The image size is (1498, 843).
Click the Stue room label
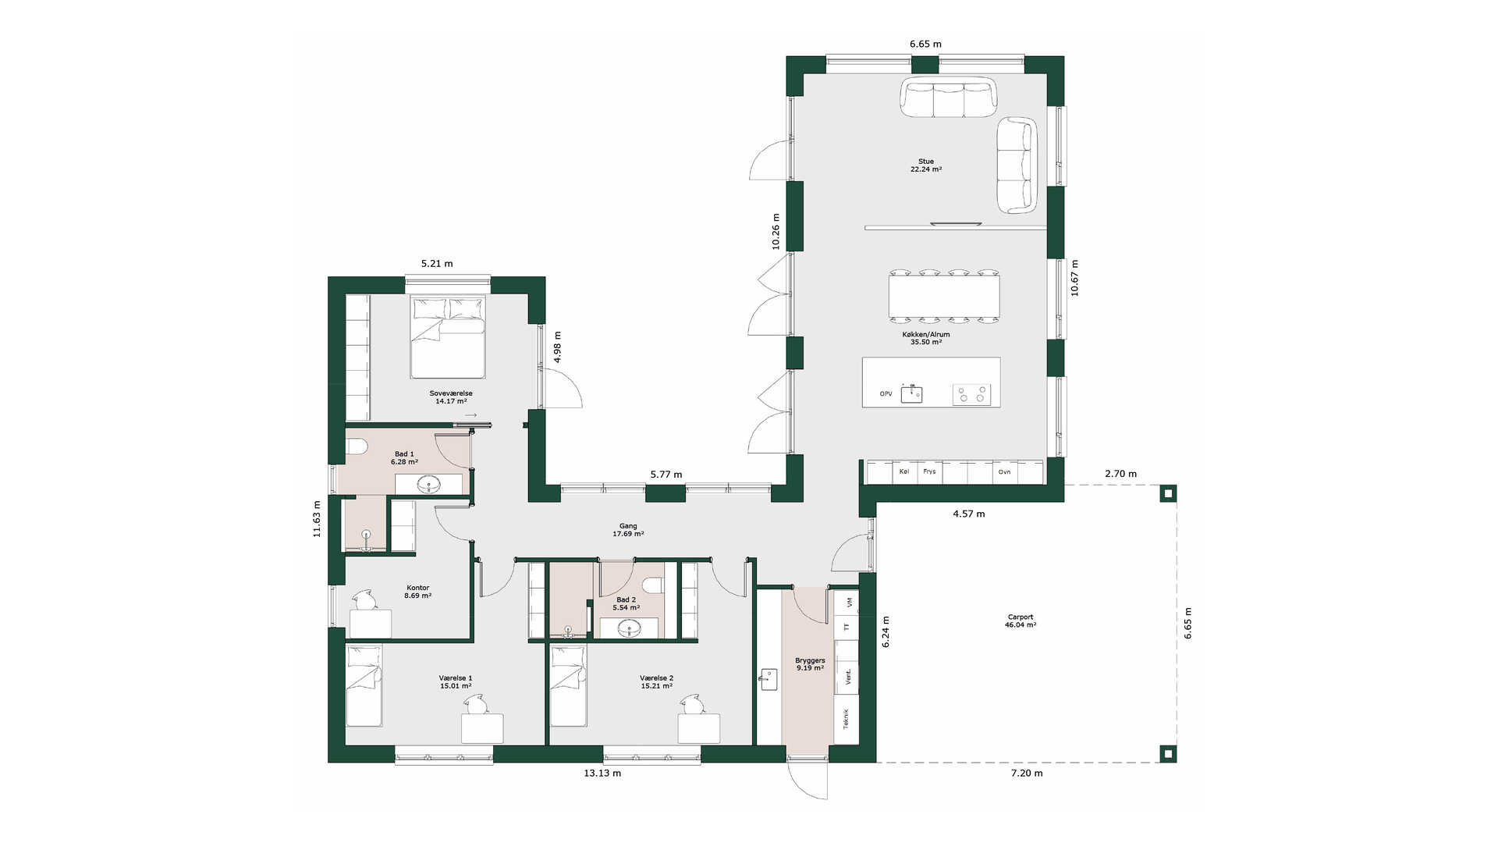coord(926,162)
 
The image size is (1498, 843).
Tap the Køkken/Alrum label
coord(926,334)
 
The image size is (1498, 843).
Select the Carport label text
coord(1021,617)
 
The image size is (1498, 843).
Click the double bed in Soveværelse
coord(449,337)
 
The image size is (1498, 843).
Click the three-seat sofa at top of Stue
coord(949,97)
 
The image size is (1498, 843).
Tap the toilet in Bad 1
coord(357,446)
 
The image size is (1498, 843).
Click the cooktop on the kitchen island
coord(971,394)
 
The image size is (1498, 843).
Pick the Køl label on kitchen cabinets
coord(904,471)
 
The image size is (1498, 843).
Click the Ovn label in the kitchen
coord(1004,471)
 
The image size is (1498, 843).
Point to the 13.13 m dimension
coord(602,774)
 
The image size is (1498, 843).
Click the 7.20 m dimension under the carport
coord(1027,774)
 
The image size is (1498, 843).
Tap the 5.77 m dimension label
coord(666,475)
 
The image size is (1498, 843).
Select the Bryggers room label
coord(810,660)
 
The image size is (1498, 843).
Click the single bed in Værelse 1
coord(364,686)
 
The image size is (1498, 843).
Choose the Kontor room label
coord(417,588)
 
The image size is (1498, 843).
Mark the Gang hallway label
coord(628,526)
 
